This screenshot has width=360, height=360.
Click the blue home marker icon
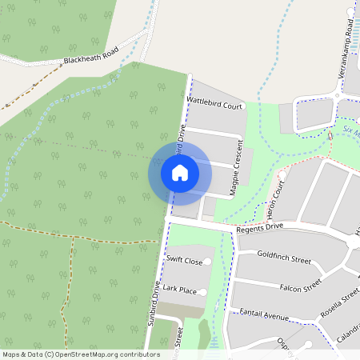click(x=180, y=173)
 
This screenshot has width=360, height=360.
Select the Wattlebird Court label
click(x=214, y=104)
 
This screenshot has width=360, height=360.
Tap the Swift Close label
click(x=184, y=261)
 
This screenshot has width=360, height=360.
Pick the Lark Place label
click(x=180, y=290)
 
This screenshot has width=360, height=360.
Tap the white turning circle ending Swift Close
click(x=209, y=262)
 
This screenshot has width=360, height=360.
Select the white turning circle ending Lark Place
click(x=202, y=293)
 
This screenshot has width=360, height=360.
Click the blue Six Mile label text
click(x=349, y=130)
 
